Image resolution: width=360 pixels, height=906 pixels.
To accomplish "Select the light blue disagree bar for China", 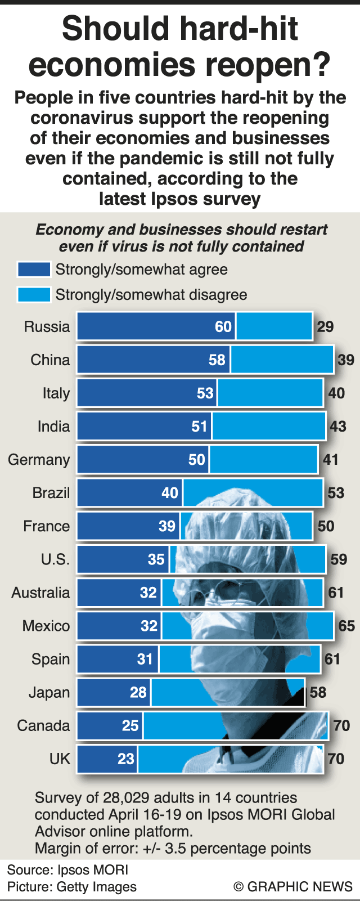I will point(281,360).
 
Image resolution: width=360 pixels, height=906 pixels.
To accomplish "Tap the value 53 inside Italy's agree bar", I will point(205,393).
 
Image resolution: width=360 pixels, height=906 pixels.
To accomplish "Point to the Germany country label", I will point(39,460).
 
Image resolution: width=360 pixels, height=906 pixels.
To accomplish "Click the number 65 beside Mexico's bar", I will point(346,626).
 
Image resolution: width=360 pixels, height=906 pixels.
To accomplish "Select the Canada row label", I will point(43,725).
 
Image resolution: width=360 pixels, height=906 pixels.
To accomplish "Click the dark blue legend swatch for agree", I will point(34,270).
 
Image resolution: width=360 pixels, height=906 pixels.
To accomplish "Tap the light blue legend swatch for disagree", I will point(34,294).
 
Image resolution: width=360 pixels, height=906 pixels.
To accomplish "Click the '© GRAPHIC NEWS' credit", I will point(293,887).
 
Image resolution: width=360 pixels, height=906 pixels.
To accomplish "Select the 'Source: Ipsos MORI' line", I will point(67,870).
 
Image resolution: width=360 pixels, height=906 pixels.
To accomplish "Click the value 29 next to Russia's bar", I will point(325,327).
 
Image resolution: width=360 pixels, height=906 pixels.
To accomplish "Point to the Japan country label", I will point(49,692).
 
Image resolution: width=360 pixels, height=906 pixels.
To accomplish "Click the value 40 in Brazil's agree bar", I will point(170,493).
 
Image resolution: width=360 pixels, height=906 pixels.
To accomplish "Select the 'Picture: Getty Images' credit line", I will point(72,887).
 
